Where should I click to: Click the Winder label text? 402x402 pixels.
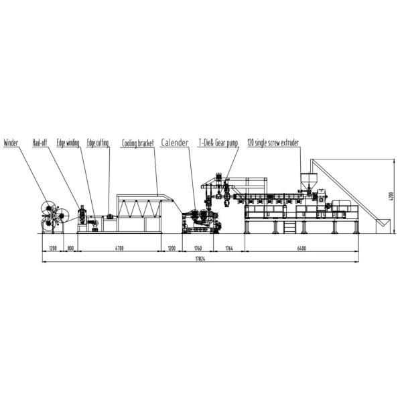point(11,143)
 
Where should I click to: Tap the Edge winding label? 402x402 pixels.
point(68,143)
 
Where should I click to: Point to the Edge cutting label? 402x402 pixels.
point(98,143)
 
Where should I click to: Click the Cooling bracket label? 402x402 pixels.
point(138,143)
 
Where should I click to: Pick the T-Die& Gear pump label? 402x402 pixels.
point(218,143)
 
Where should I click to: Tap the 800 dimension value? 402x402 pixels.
point(70,248)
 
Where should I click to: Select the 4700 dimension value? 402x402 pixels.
point(119,248)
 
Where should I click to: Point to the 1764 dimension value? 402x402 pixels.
point(230,248)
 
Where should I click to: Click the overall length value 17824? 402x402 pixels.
point(200,259)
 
